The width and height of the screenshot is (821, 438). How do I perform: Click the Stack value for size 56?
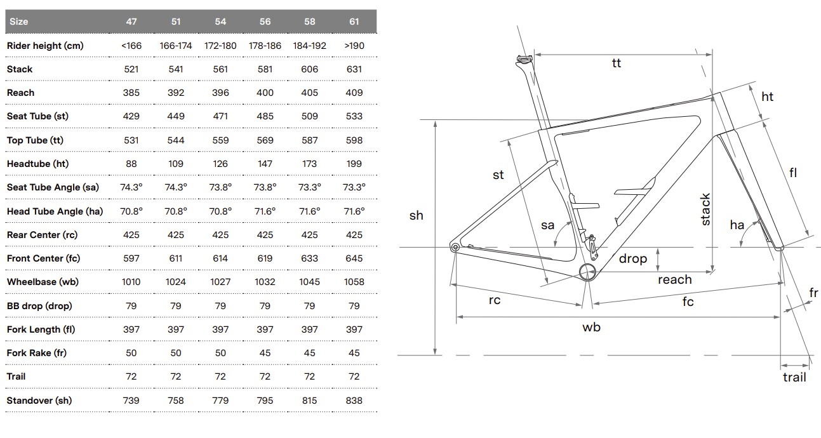click(265, 69)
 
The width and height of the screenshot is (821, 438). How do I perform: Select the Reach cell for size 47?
click(131, 93)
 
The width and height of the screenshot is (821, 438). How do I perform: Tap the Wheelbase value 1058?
click(354, 282)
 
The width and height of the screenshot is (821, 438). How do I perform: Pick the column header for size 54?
click(220, 22)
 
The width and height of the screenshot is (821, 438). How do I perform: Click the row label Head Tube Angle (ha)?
click(55, 211)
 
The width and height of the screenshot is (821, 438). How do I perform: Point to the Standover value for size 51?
click(176, 401)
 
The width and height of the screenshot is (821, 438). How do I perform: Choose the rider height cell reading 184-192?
click(310, 46)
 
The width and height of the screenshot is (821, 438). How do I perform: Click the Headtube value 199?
click(354, 164)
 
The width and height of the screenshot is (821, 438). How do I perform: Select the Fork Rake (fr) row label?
click(37, 353)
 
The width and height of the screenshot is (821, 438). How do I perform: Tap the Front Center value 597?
click(131, 258)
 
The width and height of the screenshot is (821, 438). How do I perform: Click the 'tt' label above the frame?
click(617, 63)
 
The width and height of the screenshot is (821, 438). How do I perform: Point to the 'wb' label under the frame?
click(591, 328)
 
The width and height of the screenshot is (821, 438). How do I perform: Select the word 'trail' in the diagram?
click(794, 378)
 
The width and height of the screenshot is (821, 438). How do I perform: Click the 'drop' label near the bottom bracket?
click(633, 258)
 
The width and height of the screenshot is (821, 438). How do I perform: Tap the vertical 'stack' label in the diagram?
click(705, 209)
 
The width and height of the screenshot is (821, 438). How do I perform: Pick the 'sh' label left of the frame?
click(416, 216)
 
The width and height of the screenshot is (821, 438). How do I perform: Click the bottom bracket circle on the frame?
click(589, 271)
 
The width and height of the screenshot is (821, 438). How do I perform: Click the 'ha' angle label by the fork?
click(737, 225)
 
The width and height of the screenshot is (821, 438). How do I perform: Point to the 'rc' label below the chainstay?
click(495, 300)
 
